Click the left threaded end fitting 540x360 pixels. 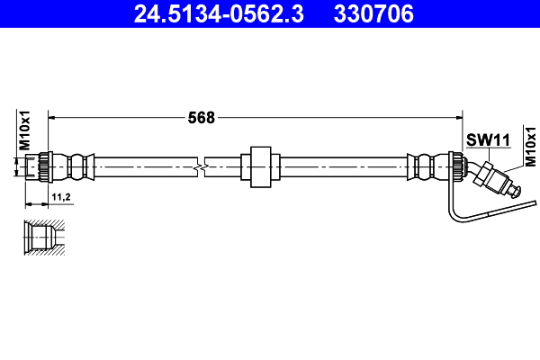tap(40, 166)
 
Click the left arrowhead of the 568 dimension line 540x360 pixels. tap(51, 117)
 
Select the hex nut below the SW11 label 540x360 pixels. tap(490, 175)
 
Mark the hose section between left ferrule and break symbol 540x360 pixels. tap(144, 166)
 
